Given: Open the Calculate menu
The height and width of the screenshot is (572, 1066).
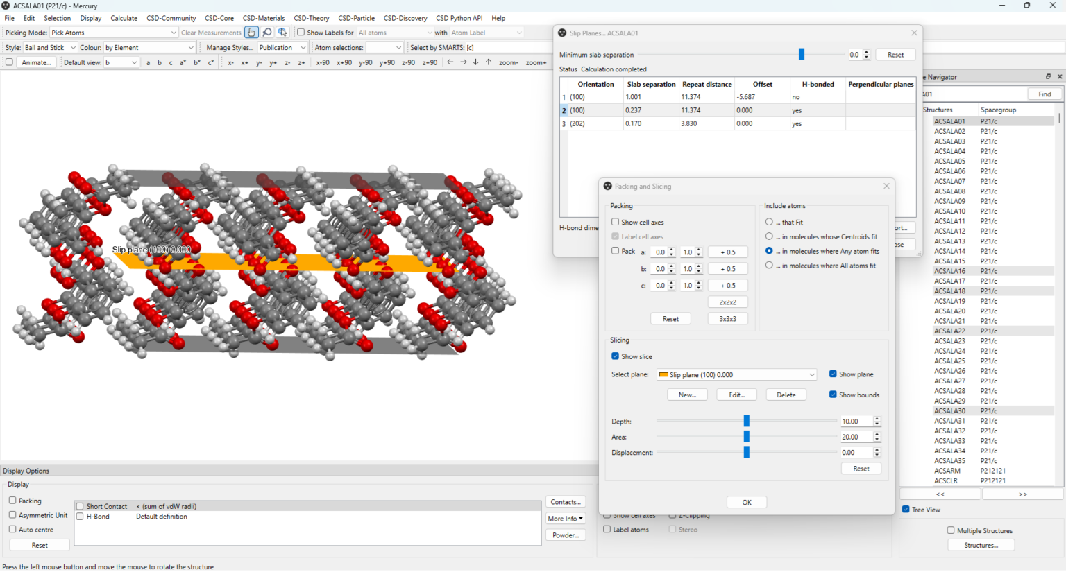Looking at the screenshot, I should (x=124, y=18).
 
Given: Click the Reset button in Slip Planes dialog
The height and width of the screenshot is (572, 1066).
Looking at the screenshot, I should (x=895, y=55).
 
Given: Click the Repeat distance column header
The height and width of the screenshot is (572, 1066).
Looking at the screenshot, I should (x=707, y=84).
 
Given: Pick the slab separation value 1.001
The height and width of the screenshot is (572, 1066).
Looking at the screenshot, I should (x=633, y=97).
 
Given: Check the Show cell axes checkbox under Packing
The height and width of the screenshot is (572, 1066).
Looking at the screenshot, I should (x=616, y=222).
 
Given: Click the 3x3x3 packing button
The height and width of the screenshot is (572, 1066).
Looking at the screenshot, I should (x=727, y=319).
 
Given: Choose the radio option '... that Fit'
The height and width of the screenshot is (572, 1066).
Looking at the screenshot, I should (x=769, y=222).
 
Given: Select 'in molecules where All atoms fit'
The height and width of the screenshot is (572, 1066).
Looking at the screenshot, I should (x=769, y=266).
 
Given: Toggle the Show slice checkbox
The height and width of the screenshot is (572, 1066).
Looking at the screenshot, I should (x=616, y=356).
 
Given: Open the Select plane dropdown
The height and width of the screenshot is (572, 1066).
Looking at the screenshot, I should (x=736, y=375).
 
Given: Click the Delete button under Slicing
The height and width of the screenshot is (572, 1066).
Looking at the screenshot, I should (x=786, y=395).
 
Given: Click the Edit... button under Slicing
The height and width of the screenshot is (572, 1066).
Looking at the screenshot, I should (x=736, y=395).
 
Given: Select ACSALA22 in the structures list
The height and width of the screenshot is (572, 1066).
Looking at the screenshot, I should (x=949, y=331).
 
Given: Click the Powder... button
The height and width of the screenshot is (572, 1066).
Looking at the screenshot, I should (x=566, y=535).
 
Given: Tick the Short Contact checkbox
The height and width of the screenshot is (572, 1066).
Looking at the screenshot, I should (x=81, y=506).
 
